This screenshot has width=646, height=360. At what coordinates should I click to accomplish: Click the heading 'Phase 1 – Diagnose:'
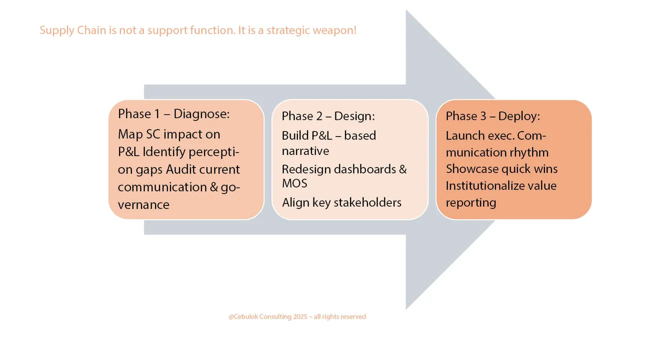click(173, 114)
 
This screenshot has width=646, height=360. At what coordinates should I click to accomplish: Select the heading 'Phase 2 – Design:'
click(328, 116)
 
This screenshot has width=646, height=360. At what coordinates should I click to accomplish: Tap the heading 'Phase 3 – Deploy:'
click(492, 116)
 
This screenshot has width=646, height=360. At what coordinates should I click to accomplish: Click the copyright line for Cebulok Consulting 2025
click(297, 316)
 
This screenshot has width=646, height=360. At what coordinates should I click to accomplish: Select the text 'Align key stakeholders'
click(341, 202)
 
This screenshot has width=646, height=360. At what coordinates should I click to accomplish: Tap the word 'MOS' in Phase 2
click(294, 183)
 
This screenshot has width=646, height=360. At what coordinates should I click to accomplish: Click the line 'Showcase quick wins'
click(501, 169)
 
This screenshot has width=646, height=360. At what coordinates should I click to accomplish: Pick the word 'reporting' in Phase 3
click(471, 202)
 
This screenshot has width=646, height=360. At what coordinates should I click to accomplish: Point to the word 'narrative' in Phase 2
click(305, 150)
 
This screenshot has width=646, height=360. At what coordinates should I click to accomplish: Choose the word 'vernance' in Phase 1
click(143, 204)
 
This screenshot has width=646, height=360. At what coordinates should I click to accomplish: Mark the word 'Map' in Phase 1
click(129, 134)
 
